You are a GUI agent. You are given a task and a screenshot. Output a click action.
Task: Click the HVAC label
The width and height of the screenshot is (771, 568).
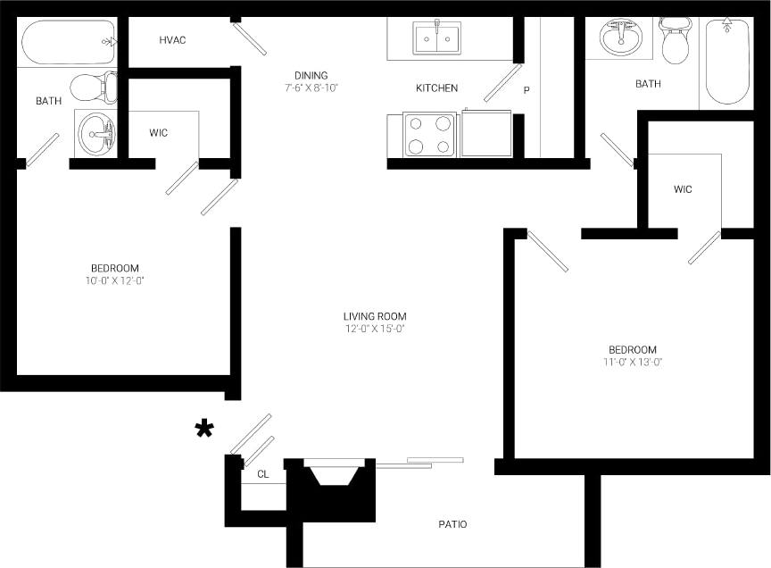[x=172, y=40]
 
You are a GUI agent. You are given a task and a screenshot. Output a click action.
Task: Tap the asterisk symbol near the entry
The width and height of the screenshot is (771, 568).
[x=204, y=430]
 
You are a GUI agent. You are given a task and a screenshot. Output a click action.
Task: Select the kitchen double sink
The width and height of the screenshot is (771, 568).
[x=436, y=38]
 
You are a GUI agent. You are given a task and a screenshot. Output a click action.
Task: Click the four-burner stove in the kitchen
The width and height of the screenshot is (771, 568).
[x=429, y=135]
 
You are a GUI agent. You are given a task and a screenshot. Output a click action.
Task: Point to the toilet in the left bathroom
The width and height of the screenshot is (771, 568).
[x=92, y=87]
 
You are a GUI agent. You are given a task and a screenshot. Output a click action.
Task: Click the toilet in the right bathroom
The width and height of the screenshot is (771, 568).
[x=675, y=41]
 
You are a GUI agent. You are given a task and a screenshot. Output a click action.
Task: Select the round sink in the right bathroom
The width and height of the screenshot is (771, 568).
[x=620, y=38]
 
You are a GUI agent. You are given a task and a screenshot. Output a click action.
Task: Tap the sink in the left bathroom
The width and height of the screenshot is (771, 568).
[x=96, y=134]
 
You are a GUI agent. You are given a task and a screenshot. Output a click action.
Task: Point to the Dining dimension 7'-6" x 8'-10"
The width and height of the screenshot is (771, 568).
[x=311, y=88]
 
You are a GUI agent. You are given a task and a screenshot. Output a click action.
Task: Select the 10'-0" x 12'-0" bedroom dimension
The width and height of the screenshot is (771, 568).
[x=115, y=280]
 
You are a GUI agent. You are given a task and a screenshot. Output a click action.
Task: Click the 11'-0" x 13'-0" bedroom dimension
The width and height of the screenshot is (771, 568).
[x=632, y=362]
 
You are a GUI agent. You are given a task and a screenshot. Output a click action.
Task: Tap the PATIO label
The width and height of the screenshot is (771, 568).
[x=452, y=524]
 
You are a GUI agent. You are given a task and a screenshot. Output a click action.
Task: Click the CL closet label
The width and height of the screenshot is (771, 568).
[x=262, y=475]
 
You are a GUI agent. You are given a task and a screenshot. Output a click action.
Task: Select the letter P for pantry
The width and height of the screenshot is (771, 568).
[x=526, y=90]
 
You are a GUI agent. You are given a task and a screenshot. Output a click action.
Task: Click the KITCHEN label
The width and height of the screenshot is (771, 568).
[x=436, y=88]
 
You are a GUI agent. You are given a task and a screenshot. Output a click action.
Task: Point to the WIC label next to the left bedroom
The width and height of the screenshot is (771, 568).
[x=159, y=133]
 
